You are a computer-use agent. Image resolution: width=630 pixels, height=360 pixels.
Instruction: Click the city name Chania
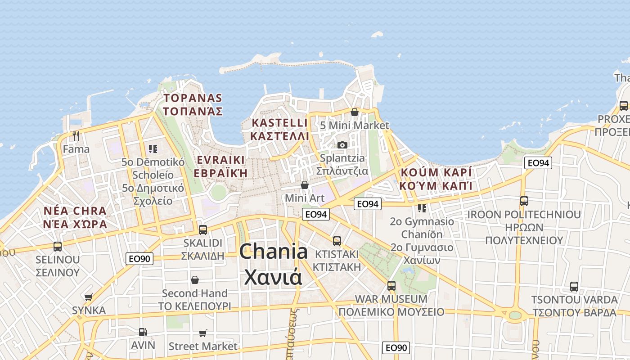pyautogui.click(x=274, y=251)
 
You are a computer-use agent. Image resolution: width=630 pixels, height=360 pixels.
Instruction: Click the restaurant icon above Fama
pyautogui.click(x=76, y=135)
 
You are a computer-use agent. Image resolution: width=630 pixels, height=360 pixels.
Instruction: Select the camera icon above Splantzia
pyautogui.click(x=342, y=145)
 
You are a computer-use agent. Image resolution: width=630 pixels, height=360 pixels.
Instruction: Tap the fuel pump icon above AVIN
pyautogui.click(x=143, y=332)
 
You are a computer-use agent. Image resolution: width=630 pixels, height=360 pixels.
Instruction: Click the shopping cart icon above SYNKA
pyautogui.click(x=89, y=297)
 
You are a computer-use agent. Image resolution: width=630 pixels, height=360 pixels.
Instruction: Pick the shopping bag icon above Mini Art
pyautogui.click(x=305, y=185)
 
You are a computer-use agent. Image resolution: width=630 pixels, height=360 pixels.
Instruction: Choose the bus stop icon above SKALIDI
pyautogui.click(x=203, y=229)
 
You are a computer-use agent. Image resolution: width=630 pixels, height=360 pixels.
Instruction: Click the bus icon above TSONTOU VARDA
pyautogui.click(x=574, y=286)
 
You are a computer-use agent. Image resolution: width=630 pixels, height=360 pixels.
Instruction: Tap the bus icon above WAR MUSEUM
pyautogui.click(x=391, y=285)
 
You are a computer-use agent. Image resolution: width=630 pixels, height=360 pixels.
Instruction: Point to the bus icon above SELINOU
pyautogui.click(x=58, y=246)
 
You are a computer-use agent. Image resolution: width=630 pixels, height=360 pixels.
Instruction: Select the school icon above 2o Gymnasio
pyautogui.click(x=422, y=208)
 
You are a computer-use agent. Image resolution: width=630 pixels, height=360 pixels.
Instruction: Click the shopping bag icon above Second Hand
pyautogui.click(x=195, y=280)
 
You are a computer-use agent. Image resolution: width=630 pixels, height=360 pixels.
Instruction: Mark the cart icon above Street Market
pyautogui.click(x=203, y=333)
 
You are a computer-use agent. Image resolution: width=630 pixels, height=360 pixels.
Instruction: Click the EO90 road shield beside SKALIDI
pyautogui.click(x=139, y=258)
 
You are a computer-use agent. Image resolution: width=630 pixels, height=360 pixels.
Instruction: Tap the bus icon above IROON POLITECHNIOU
pyautogui.click(x=524, y=201)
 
